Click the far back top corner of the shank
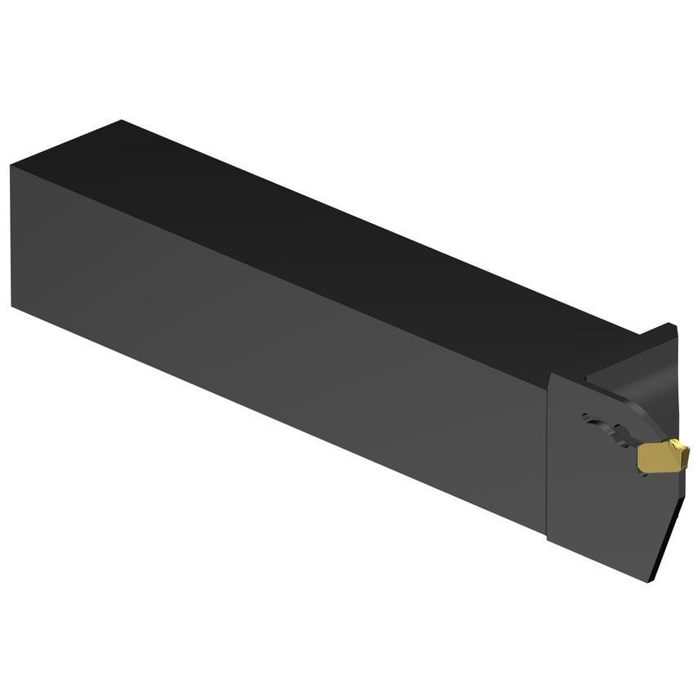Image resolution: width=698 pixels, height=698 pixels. tap(121, 121)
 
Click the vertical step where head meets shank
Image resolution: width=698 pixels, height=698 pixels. tap(548, 458)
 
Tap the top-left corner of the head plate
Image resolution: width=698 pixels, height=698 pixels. tap(549, 375)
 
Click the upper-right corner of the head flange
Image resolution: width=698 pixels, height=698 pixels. tap(675, 327)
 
